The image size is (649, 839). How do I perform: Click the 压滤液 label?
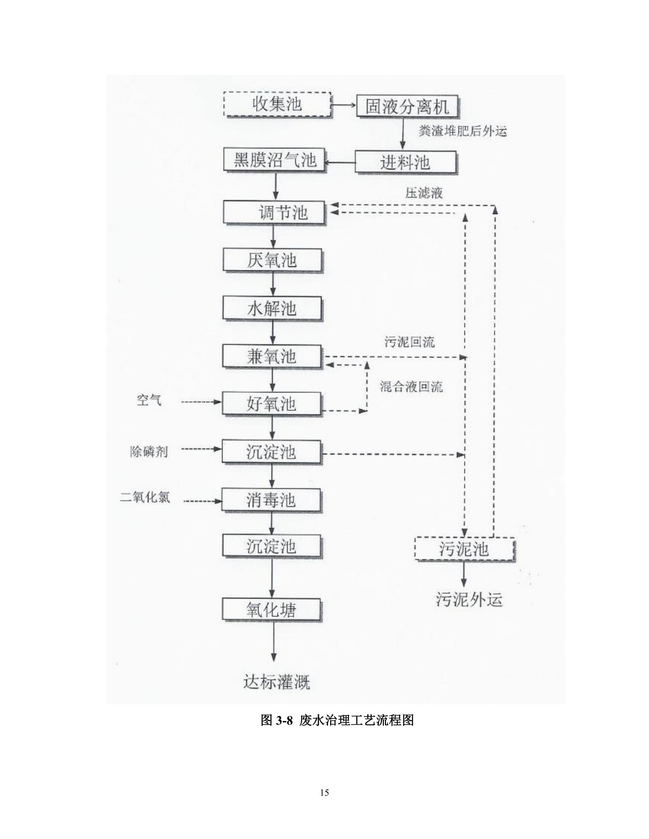[x=424, y=193]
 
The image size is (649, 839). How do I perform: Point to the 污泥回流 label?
[x=409, y=341]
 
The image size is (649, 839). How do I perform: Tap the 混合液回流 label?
[x=411, y=386]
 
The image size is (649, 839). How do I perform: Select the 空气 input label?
[x=149, y=400]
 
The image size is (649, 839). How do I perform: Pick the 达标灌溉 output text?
[x=277, y=682]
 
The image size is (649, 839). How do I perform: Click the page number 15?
[x=324, y=793]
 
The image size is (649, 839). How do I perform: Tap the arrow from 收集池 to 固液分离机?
[x=344, y=105]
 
